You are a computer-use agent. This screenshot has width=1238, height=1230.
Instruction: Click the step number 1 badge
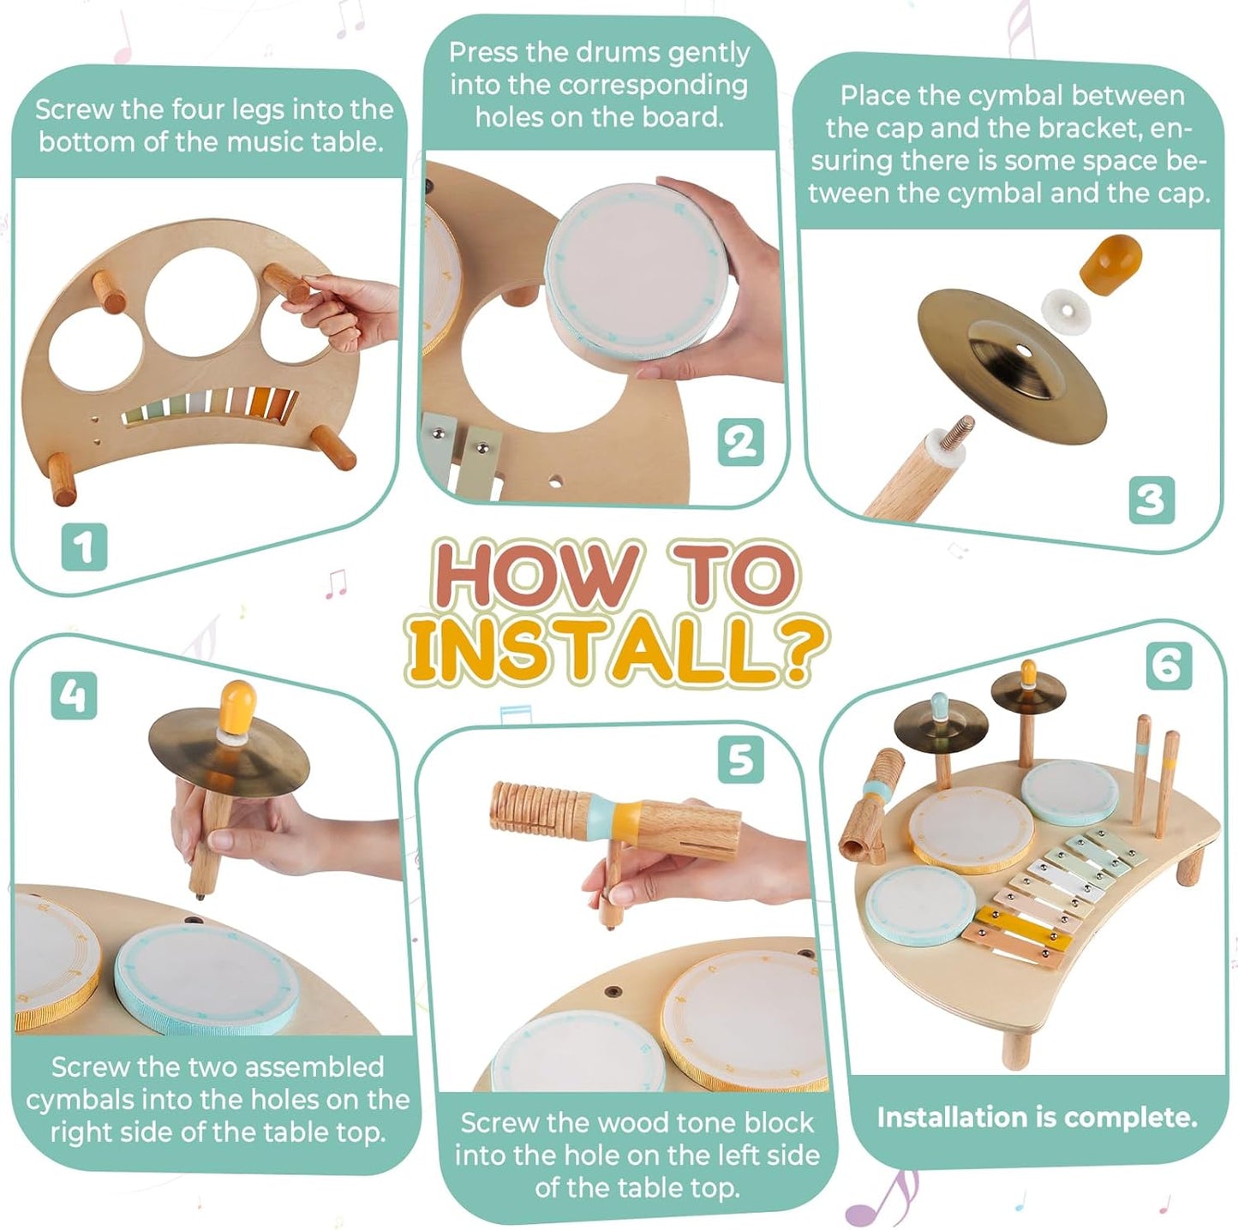(x=84, y=546)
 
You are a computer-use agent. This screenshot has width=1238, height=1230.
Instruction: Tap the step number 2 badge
(x=740, y=443)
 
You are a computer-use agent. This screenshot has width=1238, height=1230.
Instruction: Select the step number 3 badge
(x=1151, y=499)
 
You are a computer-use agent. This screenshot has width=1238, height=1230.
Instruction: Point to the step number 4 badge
(x=74, y=695)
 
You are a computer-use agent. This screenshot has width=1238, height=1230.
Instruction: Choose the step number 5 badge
(x=741, y=759)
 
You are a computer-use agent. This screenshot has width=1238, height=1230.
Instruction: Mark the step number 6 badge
(x=1169, y=665)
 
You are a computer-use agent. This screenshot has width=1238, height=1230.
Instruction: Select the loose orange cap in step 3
(x=1109, y=262)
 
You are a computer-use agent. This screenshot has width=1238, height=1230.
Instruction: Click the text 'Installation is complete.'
(x=1037, y=1117)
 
